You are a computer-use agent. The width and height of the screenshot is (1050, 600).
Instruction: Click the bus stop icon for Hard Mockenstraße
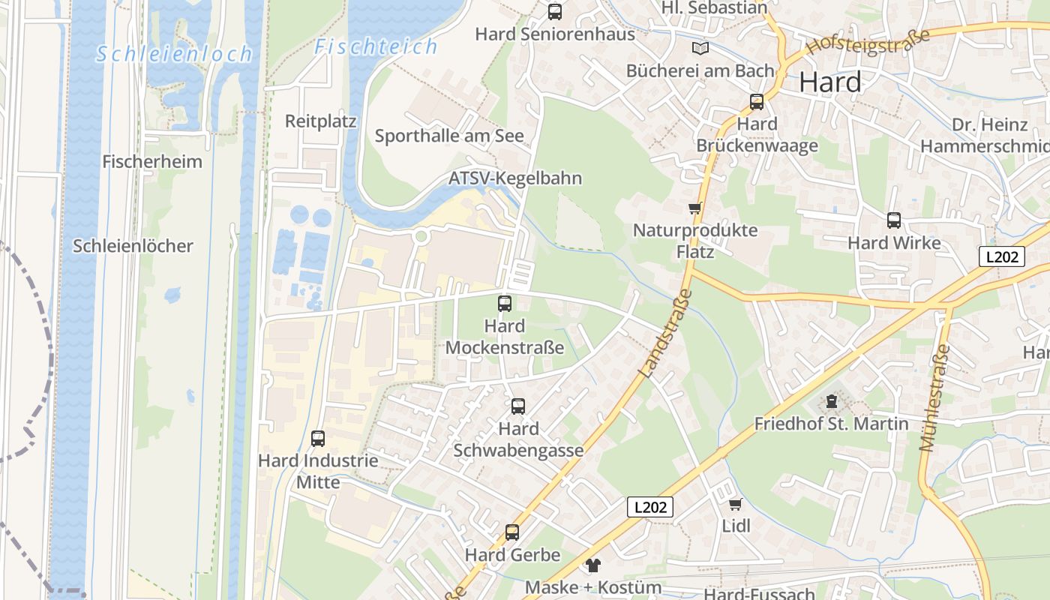pos(505,304)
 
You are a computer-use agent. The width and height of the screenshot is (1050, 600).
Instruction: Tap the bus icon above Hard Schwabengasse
pos(518,406)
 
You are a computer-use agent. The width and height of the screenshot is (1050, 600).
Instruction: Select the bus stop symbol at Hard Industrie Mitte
pos(318,438)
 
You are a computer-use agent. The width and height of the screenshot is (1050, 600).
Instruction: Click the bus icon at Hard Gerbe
pos(512,532)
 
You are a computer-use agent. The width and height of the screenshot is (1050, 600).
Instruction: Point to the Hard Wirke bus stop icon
pos(894,220)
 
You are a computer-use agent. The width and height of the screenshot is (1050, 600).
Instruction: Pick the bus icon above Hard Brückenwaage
pos(757,102)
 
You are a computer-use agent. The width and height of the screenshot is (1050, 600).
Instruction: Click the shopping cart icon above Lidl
pos(735,504)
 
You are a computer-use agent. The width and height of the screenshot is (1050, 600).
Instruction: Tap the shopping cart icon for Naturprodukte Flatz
pos(694,208)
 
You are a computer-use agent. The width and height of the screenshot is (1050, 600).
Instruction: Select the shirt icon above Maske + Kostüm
pos(593,565)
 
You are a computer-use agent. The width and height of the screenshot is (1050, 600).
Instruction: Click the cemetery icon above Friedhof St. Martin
pos(831,402)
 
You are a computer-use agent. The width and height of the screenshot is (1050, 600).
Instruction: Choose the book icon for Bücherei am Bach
pos(700,49)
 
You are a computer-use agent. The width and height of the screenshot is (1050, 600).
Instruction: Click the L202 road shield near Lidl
pos(650,507)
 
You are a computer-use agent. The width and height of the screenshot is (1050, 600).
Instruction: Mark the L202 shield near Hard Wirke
pos(1002,256)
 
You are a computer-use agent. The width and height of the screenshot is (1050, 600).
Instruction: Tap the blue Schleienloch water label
pos(175,54)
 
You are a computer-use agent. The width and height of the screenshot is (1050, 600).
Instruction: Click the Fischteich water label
pos(376,46)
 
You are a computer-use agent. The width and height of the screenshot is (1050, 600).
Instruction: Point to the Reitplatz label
pos(320,121)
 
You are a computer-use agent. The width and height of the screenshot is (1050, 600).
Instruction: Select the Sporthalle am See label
pos(449,136)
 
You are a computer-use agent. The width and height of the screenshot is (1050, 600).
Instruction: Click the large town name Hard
pos(830,82)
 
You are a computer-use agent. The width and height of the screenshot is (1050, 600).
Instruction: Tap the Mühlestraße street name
pos(934,398)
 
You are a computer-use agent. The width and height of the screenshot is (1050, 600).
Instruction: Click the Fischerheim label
pos(152,161)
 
